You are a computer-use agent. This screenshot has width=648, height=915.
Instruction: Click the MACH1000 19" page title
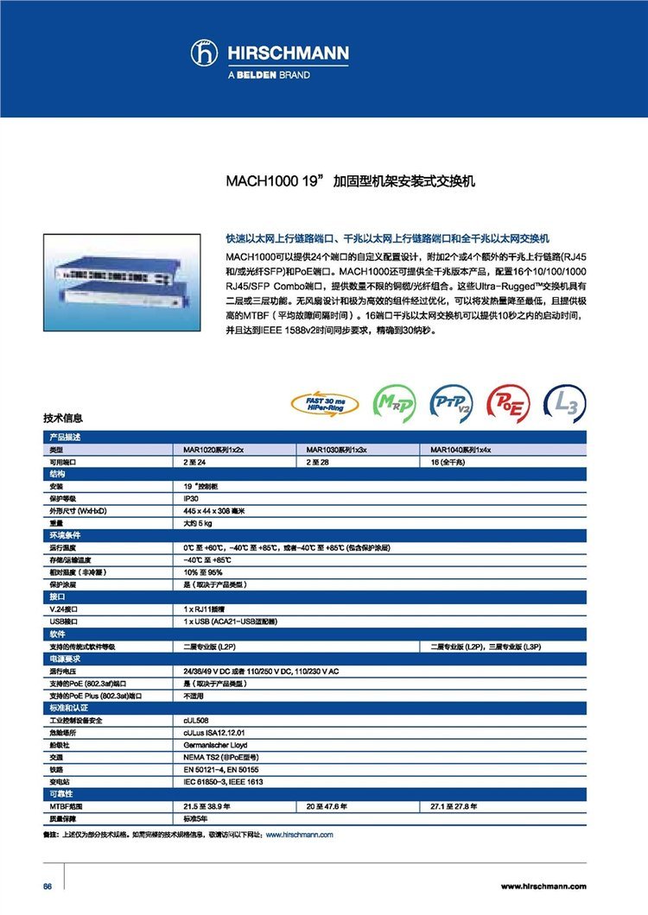[x=351, y=183]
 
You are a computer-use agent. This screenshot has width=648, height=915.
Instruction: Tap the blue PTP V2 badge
[x=452, y=403]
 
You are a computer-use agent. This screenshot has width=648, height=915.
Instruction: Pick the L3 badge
[x=566, y=403]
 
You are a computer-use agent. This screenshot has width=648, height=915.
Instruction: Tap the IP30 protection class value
[x=192, y=499]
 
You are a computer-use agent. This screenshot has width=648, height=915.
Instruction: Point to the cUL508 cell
[x=195, y=720]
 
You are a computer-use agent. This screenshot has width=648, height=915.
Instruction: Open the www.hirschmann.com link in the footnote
[x=299, y=835]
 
